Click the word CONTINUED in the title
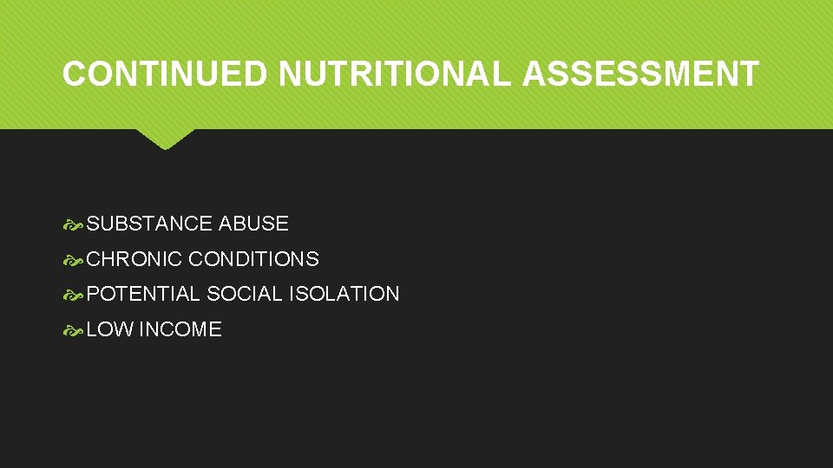point(165,75)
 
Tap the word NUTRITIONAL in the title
point(396,75)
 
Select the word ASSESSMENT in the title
point(641,75)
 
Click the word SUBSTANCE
point(150,224)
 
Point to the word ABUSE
point(253,224)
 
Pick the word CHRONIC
point(134,259)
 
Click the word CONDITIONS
point(253,259)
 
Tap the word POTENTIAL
point(143,294)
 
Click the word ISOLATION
point(344,294)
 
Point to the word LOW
point(109,329)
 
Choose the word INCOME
point(180,329)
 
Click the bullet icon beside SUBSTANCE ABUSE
point(73,224)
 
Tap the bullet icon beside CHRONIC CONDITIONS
point(73,260)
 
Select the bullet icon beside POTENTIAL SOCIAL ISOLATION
point(73,295)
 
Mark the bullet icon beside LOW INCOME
point(73,330)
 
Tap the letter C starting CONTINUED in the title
point(74,75)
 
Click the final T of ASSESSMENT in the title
point(750,75)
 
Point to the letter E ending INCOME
point(215,329)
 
